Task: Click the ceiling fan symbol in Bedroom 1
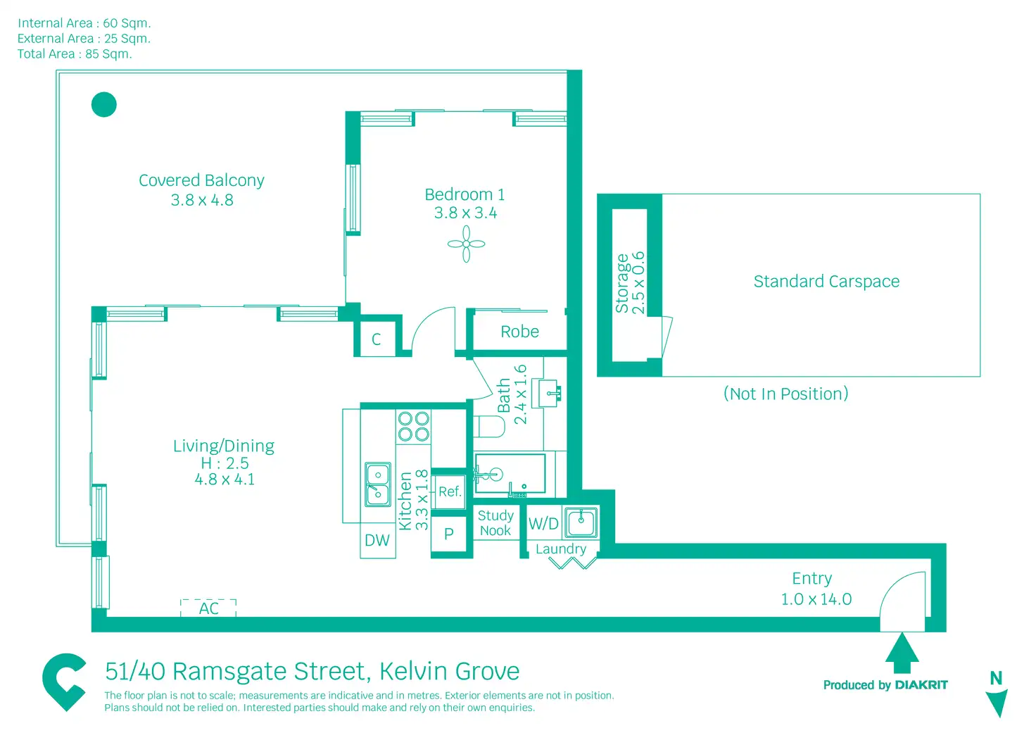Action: pyautogui.click(x=466, y=244)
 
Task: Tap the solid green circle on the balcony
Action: pyautogui.click(x=104, y=105)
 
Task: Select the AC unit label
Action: pyautogui.click(x=208, y=608)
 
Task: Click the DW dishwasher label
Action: pyautogui.click(x=377, y=540)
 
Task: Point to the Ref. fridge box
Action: pyautogui.click(x=450, y=491)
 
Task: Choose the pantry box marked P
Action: pyautogui.click(x=449, y=534)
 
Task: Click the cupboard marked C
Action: pyautogui.click(x=377, y=339)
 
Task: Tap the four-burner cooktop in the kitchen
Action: pyautogui.click(x=414, y=426)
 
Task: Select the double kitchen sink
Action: pyautogui.click(x=378, y=484)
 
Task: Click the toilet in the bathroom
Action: pyautogui.click(x=490, y=427)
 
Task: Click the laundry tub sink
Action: pyautogui.click(x=581, y=522)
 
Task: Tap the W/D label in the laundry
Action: pyautogui.click(x=543, y=524)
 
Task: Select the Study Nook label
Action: pyautogui.click(x=495, y=523)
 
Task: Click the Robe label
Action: pyautogui.click(x=519, y=332)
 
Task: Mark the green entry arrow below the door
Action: pyautogui.click(x=902, y=653)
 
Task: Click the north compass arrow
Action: pyautogui.click(x=997, y=701)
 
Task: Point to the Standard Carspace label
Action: pyautogui.click(x=826, y=282)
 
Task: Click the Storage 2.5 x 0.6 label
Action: pyautogui.click(x=630, y=282)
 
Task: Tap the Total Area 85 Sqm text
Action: pyautogui.click(x=75, y=54)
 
